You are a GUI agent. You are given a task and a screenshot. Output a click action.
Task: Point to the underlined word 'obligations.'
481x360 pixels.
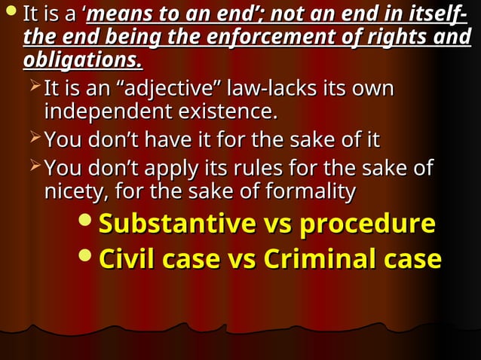(83, 59)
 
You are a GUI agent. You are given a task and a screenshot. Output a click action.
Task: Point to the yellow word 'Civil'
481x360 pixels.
(129, 258)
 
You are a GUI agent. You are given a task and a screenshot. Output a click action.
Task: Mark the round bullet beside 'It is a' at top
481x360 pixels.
(11, 13)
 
